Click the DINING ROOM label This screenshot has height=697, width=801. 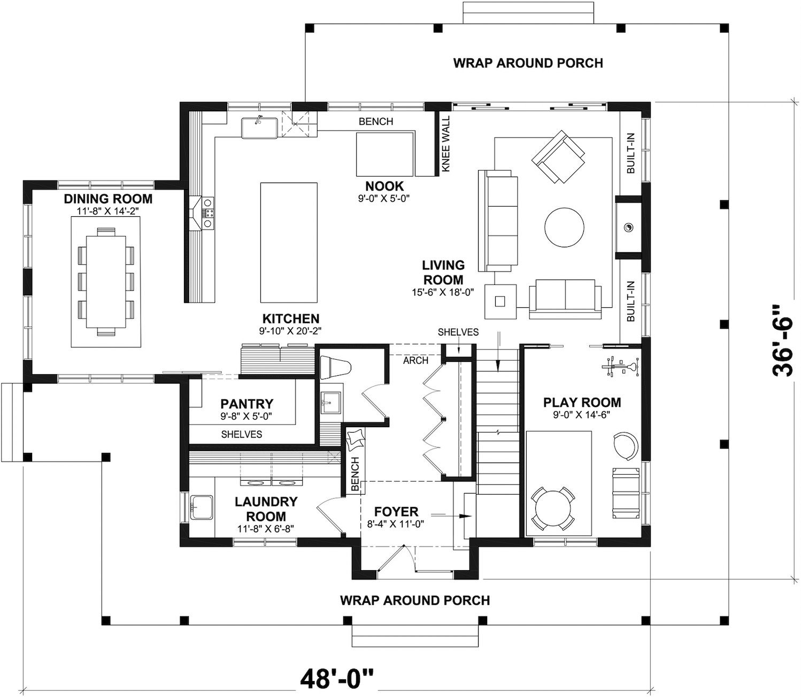[108, 199]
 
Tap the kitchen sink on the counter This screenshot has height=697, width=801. [259, 128]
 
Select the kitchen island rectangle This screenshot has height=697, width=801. [289, 243]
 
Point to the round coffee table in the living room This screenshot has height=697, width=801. [564, 227]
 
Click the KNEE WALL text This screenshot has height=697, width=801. [446, 143]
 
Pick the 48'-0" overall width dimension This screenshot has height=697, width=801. [337, 678]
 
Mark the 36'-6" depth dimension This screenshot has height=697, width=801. [783, 340]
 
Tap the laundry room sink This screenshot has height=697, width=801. [202, 507]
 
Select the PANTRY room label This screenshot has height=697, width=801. [247, 404]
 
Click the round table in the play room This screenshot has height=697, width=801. [553, 509]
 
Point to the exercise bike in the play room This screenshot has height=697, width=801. [620, 367]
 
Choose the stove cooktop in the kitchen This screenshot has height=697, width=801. [208, 213]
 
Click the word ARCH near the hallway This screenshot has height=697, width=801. [415, 360]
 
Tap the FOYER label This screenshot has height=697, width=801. [396, 511]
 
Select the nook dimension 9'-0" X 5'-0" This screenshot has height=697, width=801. [384, 198]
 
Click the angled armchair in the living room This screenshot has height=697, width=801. [558, 156]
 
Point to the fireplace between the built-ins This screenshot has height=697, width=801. [628, 227]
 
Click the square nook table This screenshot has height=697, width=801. [385, 154]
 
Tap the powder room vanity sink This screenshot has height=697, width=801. [331, 401]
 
